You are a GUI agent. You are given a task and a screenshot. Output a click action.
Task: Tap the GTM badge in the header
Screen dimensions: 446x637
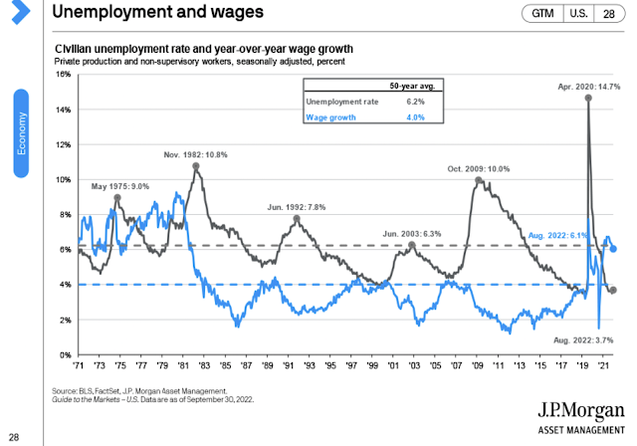pyautogui.click(x=542, y=14)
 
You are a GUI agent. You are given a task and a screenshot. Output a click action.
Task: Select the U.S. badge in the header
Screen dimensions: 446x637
pyautogui.click(x=577, y=14)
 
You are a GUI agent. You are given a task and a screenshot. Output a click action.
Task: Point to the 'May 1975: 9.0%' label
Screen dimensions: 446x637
pyautogui.click(x=121, y=186)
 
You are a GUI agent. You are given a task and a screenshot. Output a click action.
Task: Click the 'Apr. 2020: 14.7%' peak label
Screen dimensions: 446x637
pyautogui.click(x=587, y=88)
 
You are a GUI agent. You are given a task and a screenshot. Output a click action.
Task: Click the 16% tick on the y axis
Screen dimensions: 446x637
pyautogui.click(x=62, y=75)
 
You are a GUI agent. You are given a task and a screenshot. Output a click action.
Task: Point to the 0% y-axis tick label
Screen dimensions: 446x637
pyautogui.click(x=64, y=354)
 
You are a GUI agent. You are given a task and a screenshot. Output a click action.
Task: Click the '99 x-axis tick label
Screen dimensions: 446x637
pyautogui.click(x=370, y=365)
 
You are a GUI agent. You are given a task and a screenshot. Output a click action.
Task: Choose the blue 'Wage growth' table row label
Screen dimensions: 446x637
pyautogui.click(x=330, y=118)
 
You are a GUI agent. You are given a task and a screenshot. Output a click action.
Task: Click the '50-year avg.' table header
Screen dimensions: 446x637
pyautogui.click(x=404, y=86)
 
